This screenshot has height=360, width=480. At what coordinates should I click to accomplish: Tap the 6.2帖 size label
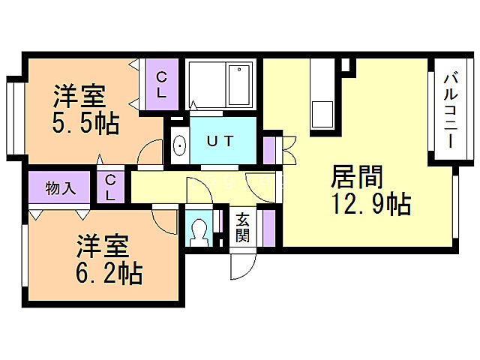coord(109,274)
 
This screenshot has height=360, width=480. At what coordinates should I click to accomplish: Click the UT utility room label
coord(220,141)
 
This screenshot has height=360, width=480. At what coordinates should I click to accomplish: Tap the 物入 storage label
coord(61,187)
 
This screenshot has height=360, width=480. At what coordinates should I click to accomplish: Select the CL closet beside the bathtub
coord(162,84)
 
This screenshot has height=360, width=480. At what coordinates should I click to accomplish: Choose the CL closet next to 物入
coord(110,187)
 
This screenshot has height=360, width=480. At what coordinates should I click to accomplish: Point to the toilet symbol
coord(200,230)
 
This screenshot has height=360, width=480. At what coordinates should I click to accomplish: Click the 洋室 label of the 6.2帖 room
coord(102,247)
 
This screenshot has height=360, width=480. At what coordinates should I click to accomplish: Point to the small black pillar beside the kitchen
coord(346,65)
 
